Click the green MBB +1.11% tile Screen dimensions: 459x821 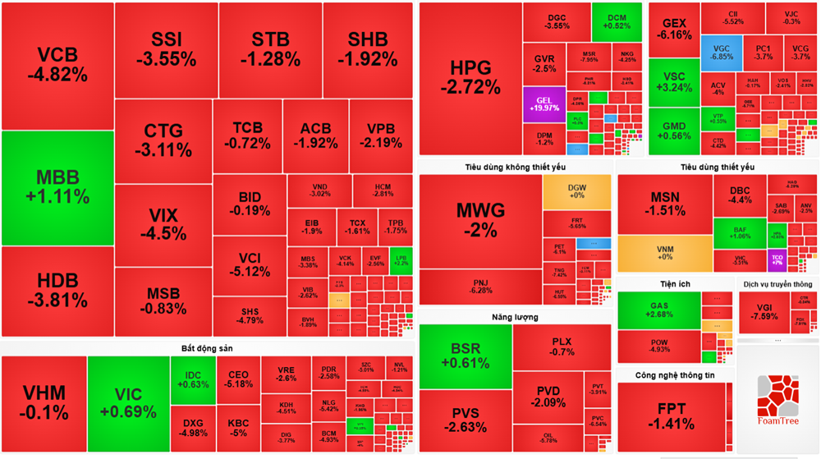[x=57, y=188]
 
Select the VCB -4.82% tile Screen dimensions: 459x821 [x=57, y=66]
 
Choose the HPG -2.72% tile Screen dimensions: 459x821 [x=470, y=78]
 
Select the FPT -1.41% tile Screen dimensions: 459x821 [x=676, y=417]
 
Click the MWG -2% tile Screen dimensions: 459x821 [x=480, y=219]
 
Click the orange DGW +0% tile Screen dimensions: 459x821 [x=576, y=191]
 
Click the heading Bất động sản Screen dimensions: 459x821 [x=207, y=348]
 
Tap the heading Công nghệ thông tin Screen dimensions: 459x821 [x=675, y=375]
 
